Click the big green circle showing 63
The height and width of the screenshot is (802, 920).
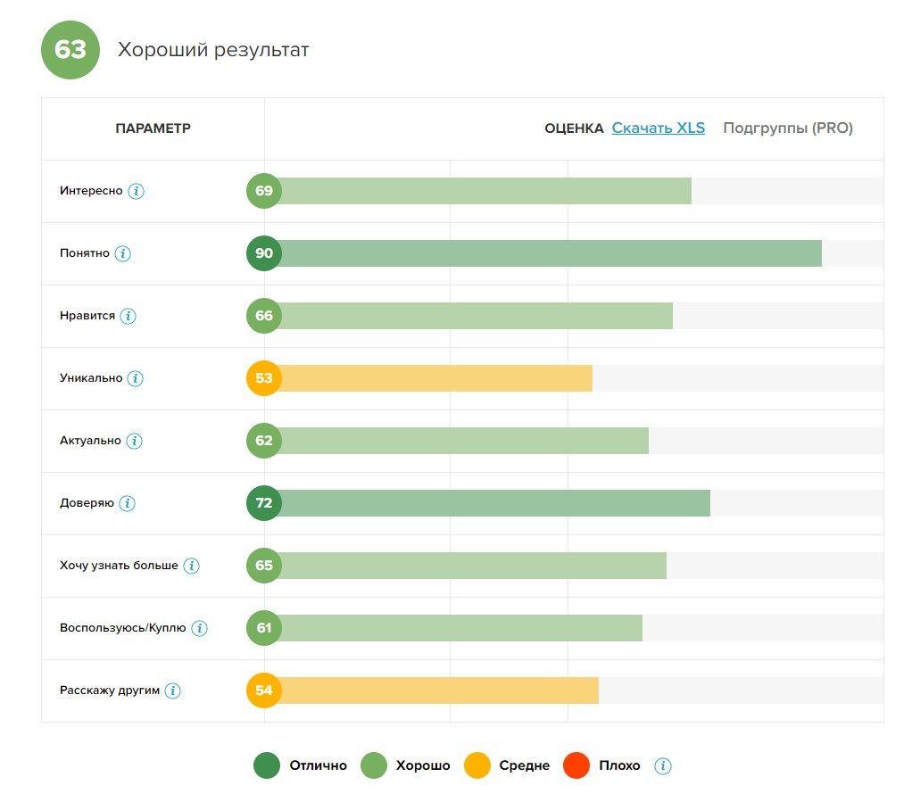point(70,49)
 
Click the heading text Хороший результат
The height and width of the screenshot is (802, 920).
point(213,50)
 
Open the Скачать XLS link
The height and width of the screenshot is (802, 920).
point(658,128)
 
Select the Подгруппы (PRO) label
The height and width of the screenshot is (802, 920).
point(787,128)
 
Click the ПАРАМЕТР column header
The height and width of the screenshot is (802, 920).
point(153,128)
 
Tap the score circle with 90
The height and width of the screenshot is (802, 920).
point(264,253)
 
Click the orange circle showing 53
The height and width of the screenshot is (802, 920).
point(264,378)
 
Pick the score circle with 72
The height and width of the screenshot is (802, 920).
point(264,503)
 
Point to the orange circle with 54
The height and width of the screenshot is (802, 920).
point(264,690)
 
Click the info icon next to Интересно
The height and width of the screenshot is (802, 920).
point(136,191)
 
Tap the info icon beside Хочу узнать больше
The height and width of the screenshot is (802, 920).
point(191,566)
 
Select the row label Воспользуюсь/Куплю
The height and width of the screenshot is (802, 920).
point(123,628)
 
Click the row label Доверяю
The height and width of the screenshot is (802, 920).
point(87,503)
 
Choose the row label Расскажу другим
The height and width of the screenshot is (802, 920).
point(110,690)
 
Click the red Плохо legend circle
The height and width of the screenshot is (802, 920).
point(576,765)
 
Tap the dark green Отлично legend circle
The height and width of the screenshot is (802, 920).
point(267,765)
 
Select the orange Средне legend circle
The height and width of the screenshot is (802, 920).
point(477,765)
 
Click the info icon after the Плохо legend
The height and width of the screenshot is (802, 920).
point(662,765)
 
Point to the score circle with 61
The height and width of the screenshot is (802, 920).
point(264,628)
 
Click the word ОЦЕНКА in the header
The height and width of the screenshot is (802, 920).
point(574,128)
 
